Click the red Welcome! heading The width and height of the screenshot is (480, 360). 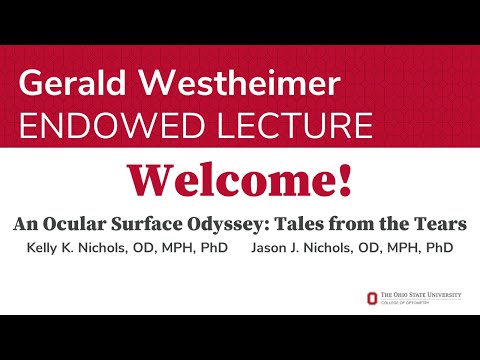pos(239,179)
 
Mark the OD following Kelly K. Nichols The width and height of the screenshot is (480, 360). pos(148,246)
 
